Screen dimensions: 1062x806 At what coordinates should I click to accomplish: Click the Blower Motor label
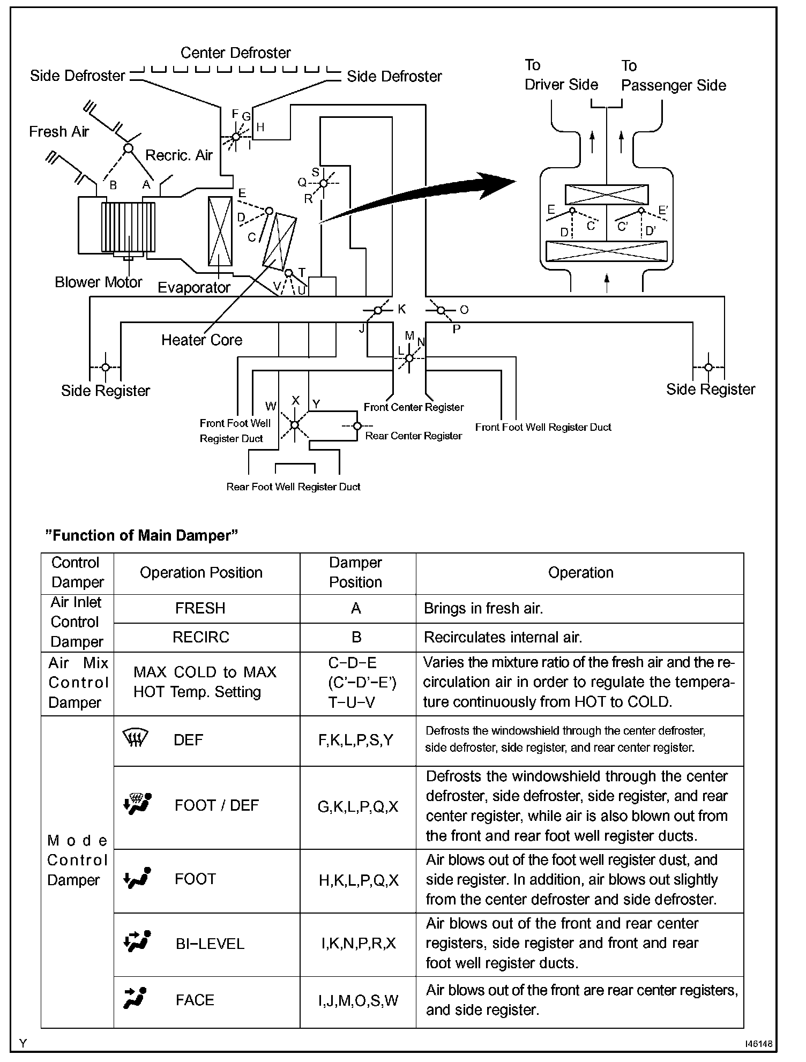pos(99,282)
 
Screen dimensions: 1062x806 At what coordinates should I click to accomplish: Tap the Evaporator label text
pos(194,288)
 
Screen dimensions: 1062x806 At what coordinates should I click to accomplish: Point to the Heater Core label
pos(202,340)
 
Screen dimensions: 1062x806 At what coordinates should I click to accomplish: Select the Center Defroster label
pos(235,53)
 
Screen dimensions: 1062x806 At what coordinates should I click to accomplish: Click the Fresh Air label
pos(59,131)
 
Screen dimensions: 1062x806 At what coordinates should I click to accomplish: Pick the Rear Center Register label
pos(413,436)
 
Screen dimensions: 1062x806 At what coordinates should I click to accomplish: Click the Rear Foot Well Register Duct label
pos(293,487)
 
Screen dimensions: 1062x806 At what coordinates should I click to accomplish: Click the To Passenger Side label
pos(673,76)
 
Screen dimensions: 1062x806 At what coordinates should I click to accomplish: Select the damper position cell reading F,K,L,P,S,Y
pos(356,740)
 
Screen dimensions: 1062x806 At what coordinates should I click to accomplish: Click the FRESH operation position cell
pos(200,608)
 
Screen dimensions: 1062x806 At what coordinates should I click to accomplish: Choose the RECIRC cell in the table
pos(201,637)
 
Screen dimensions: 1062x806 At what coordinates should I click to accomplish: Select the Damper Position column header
pos(356,572)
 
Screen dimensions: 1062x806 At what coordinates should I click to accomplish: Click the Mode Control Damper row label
pos(77,860)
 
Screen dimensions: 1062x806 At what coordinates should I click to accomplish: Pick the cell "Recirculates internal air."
pos(503,637)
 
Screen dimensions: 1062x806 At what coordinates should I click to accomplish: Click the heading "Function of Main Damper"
pos(142,535)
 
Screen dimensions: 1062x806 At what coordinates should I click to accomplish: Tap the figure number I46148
pos(758,1044)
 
